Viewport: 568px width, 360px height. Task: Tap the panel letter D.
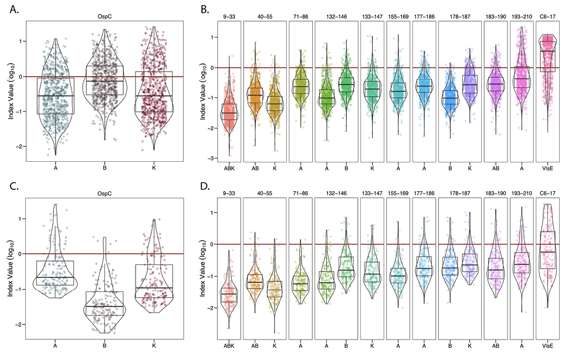click(204, 187)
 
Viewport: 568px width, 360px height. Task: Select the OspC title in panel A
click(104, 16)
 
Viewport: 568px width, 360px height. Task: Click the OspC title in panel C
click(104, 192)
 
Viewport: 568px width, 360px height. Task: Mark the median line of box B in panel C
click(104, 306)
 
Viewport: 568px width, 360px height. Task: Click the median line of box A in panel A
click(55, 96)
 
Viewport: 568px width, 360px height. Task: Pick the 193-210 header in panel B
click(521, 16)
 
